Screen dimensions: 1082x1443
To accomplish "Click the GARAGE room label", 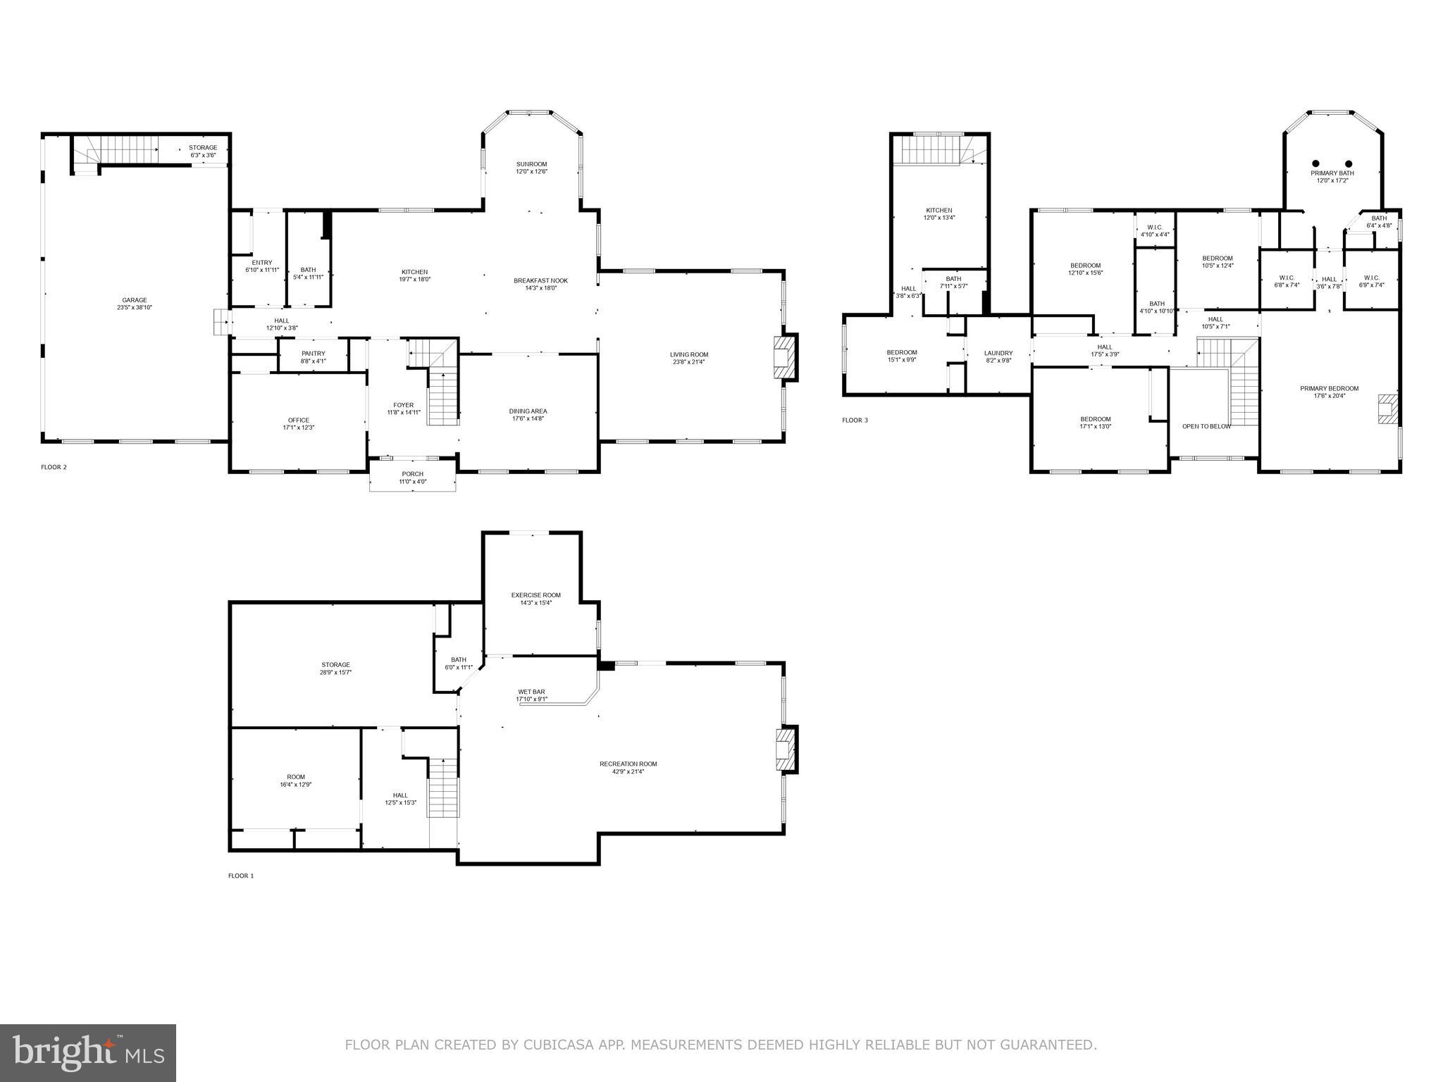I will click(134, 300).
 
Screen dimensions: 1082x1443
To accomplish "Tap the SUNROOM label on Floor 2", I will click(531, 164).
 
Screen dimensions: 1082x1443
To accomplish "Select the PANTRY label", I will click(313, 354).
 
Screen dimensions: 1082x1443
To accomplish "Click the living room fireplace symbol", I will click(783, 357).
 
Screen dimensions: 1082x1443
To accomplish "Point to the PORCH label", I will click(412, 473).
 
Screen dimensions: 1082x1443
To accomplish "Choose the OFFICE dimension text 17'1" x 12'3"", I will click(298, 428).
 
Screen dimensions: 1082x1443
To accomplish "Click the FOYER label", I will click(403, 405).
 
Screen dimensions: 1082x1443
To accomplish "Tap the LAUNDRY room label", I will click(998, 353).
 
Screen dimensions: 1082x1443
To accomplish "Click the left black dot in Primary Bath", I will click(1315, 163).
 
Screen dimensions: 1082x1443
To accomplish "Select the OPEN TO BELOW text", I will click(1206, 426).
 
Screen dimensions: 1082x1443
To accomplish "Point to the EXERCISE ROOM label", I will click(535, 595).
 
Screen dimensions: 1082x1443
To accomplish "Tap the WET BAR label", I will click(531, 692).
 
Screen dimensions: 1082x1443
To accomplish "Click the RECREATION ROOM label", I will click(628, 764).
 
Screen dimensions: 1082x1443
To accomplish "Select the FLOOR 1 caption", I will click(240, 876).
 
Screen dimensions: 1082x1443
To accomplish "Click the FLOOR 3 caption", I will click(855, 421).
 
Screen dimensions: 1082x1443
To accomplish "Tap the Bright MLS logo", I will click(88, 1052).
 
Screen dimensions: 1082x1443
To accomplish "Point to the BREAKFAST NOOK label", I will click(540, 280).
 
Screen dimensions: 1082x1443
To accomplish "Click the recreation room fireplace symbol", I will click(783, 750).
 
